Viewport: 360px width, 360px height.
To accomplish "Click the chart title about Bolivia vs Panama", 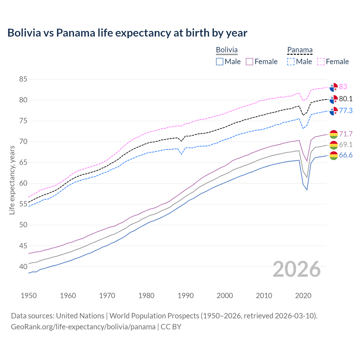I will click(x=127, y=33).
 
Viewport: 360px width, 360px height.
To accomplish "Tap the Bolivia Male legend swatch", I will click(x=220, y=62).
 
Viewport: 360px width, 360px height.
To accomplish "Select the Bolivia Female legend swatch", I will click(x=250, y=62).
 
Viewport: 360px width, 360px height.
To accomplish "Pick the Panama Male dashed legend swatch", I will click(x=291, y=62).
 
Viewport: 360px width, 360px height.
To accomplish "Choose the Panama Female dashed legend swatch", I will click(x=321, y=62).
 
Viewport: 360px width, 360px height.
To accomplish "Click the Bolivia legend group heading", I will click(x=227, y=50).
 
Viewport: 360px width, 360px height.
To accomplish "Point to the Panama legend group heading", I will click(x=300, y=50).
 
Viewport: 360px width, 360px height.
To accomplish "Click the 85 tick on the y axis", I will click(x=23, y=79).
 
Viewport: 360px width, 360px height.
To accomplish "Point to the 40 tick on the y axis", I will click(x=23, y=267).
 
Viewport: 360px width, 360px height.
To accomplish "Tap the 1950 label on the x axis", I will click(x=29, y=296).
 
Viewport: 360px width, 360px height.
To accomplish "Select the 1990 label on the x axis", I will click(x=186, y=296).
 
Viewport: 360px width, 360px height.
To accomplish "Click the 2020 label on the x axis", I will click(x=303, y=296).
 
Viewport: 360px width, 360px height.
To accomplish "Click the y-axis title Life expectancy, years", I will click(x=12, y=180).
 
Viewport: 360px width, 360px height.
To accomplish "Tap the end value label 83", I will click(x=343, y=87).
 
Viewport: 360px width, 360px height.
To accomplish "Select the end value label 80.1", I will click(x=346, y=99).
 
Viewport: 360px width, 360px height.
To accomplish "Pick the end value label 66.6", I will click(x=346, y=155).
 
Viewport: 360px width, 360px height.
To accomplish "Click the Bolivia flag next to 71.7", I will click(x=334, y=134).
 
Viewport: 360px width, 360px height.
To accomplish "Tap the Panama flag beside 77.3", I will click(x=334, y=111).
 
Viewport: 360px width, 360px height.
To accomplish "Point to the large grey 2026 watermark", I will click(x=296, y=269).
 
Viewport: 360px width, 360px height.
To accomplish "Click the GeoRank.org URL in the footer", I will click(x=83, y=327).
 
